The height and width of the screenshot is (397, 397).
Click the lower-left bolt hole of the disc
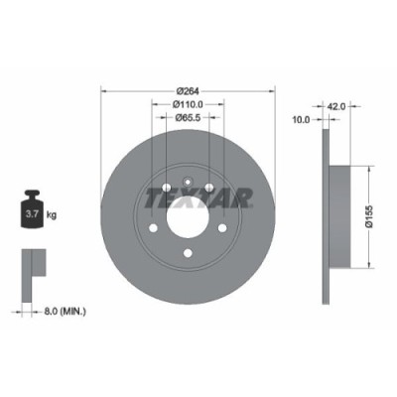pyautogui.click(x=154, y=227)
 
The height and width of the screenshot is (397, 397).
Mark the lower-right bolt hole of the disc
pyautogui.click(x=221, y=227)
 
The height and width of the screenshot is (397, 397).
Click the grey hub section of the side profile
pyautogui.click(x=337, y=215)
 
